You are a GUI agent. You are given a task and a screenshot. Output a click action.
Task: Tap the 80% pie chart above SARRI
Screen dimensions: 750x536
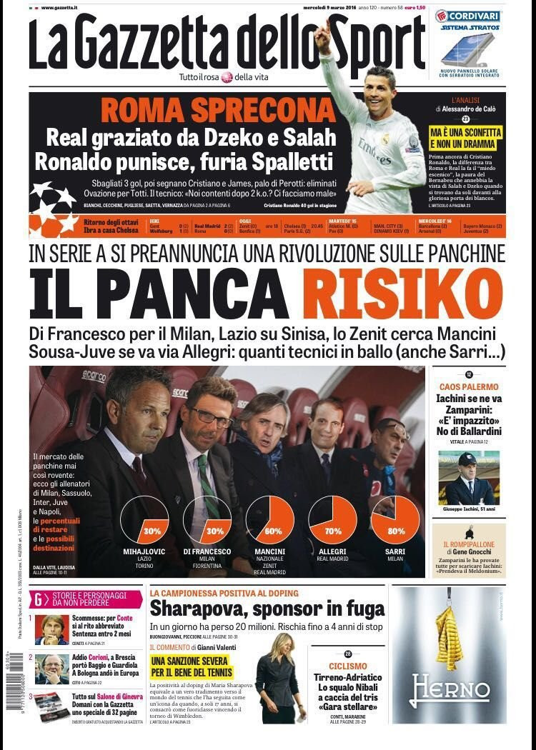(396, 521)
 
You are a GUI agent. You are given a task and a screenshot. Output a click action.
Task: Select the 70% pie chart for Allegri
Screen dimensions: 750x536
(333, 521)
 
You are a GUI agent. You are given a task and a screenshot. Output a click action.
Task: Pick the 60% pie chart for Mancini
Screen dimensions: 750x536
(269, 521)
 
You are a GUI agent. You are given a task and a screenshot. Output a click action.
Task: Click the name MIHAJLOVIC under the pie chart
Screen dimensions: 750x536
(144, 551)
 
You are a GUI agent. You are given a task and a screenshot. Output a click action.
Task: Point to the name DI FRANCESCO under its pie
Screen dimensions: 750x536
(207, 551)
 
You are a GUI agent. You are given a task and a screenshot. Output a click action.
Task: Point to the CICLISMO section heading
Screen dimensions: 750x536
(348, 666)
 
